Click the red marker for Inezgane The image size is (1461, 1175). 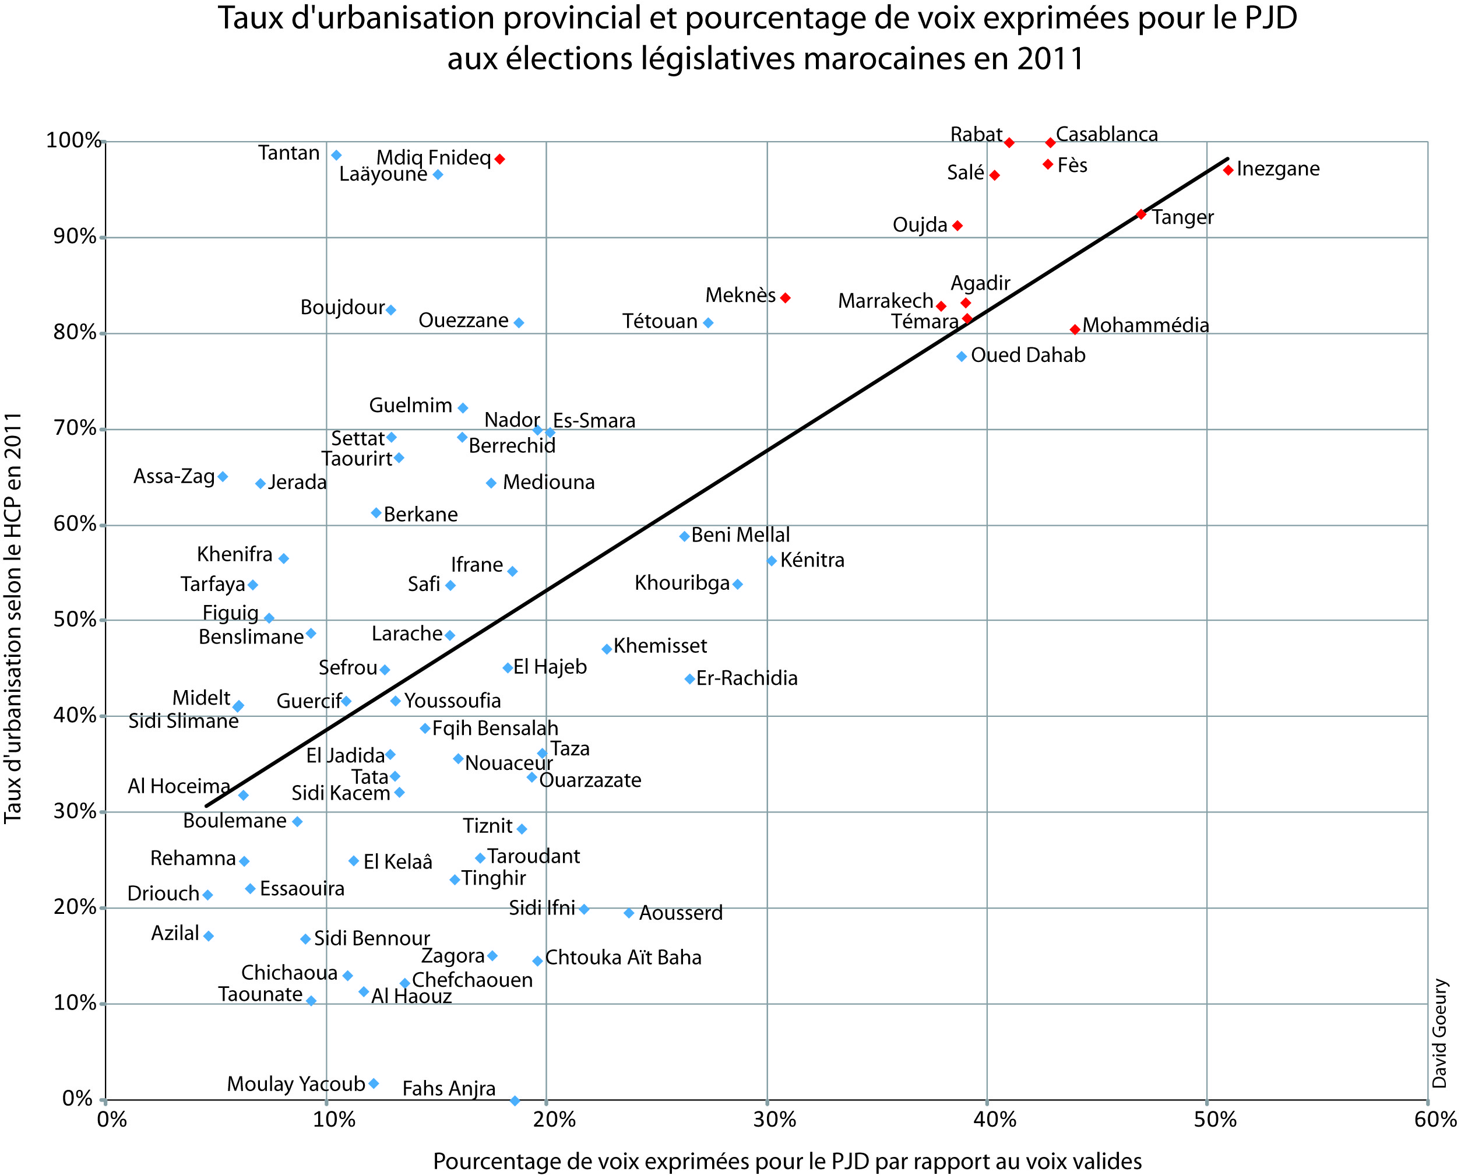tap(1228, 170)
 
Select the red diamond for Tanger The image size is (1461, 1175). tap(1141, 214)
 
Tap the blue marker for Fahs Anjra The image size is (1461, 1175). tap(515, 1100)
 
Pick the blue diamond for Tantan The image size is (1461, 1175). tap(336, 155)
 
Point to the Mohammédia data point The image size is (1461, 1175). tap(1075, 329)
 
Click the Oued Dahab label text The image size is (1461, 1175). tap(1028, 355)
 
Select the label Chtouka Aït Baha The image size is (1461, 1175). tap(623, 957)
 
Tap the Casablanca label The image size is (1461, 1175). tap(1107, 134)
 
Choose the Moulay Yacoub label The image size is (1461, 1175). tap(296, 1083)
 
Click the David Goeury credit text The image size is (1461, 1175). tap(1440, 1033)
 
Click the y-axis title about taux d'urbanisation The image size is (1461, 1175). tap(13, 617)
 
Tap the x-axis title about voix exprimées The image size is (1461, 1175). tap(787, 1161)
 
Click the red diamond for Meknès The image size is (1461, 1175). tap(786, 297)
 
